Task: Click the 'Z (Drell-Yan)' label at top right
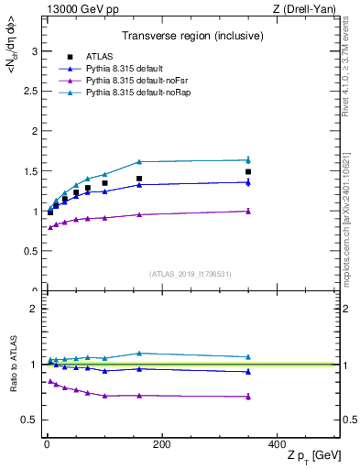point(304,8)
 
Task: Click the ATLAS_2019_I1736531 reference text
point(190,274)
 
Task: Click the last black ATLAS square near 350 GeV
point(247,171)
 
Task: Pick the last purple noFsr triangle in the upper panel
point(247,211)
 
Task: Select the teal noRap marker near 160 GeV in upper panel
point(139,161)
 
